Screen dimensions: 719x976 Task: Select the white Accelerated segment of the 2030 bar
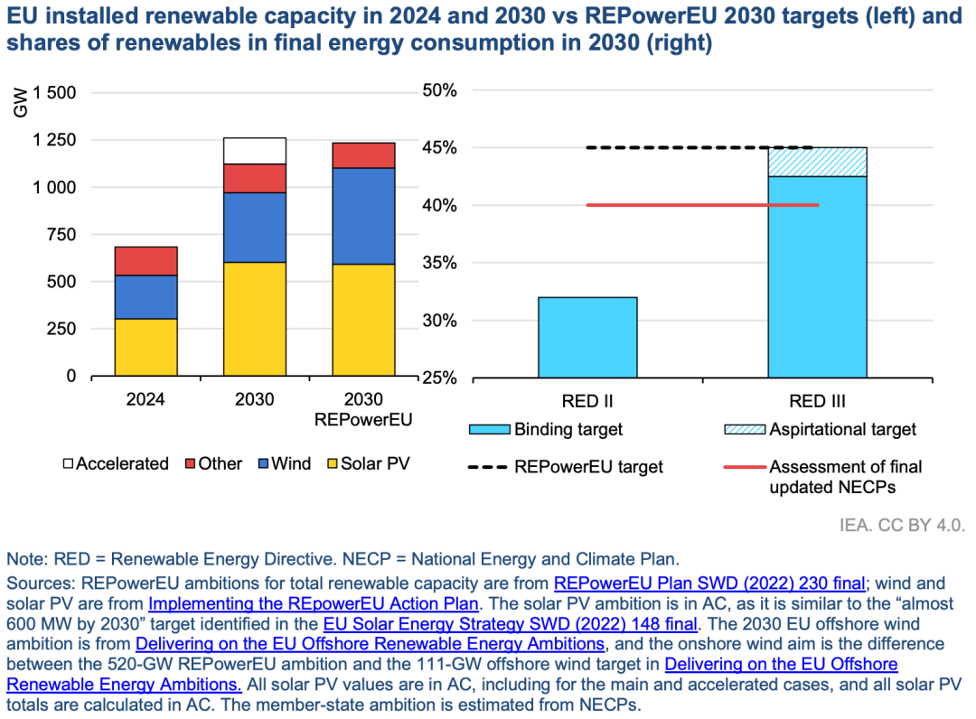[x=254, y=151]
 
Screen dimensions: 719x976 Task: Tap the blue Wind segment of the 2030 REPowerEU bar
[x=363, y=216]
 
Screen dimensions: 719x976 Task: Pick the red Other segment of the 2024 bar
[x=145, y=261]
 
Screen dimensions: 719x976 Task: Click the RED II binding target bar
[x=587, y=337]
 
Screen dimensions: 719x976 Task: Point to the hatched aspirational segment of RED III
[x=817, y=162]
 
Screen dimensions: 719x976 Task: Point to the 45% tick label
[x=440, y=148]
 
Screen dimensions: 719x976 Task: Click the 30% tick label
[x=440, y=321]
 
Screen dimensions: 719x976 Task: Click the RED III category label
[x=817, y=401]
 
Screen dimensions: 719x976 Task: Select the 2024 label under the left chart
[x=145, y=399]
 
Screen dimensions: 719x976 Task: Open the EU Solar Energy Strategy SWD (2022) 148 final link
[x=510, y=624]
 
